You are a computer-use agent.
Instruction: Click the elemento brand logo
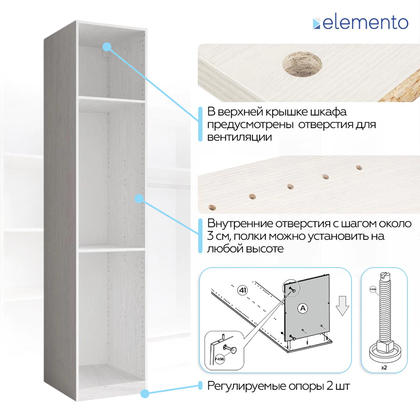coord(360,23)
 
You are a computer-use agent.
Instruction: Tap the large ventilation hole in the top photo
coord(302,65)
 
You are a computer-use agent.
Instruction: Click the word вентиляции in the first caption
coord(239,137)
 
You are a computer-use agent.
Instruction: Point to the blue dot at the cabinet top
coord(107,47)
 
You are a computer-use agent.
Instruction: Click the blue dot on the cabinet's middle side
coord(139,199)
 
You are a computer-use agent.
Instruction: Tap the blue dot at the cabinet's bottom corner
coord(145,394)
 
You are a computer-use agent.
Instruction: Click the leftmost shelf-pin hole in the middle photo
coord(212,207)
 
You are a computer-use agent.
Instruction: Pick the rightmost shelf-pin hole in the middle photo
coord(359,168)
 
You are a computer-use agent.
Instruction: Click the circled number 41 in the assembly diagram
coord(242,290)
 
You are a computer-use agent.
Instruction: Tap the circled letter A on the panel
coord(303,308)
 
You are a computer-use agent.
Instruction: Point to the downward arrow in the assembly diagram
coord(342,306)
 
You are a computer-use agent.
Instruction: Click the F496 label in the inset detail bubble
coord(220,359)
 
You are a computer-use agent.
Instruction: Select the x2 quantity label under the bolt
coord(384,368)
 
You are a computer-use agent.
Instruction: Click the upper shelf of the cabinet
coord(112,100)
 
